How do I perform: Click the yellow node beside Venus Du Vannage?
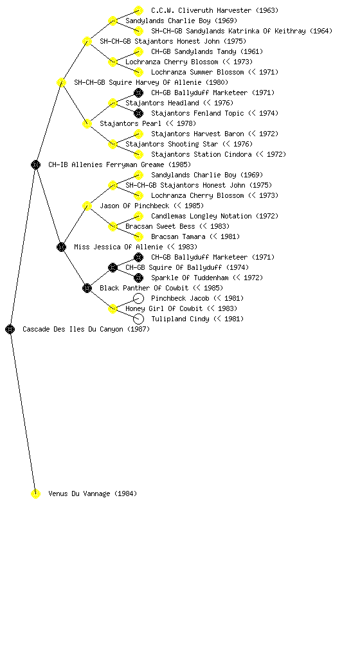[35, 493]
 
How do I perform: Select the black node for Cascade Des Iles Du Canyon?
[10, 329]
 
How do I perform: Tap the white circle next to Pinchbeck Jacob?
[138, 298]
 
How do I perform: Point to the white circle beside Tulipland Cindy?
[138, 319]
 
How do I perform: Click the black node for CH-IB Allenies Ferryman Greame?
[35, 164]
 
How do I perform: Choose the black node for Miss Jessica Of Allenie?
[61, 247]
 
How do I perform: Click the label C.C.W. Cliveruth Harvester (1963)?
[215, 10]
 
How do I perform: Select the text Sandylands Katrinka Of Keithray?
[246, 31]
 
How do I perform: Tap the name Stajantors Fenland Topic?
[197, 113]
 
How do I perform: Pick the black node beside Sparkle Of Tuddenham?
[138, 278]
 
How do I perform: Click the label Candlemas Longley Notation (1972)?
[215, 216]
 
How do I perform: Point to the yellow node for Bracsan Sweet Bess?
[113, 226]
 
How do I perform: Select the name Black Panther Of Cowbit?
[145, 288]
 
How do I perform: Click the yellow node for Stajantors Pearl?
[87, 123]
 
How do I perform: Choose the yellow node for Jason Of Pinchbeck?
[87, 206]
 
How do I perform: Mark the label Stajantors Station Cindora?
[201, 154]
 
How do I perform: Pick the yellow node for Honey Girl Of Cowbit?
[113, 308]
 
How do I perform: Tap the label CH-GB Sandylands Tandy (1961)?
[207, 51]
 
